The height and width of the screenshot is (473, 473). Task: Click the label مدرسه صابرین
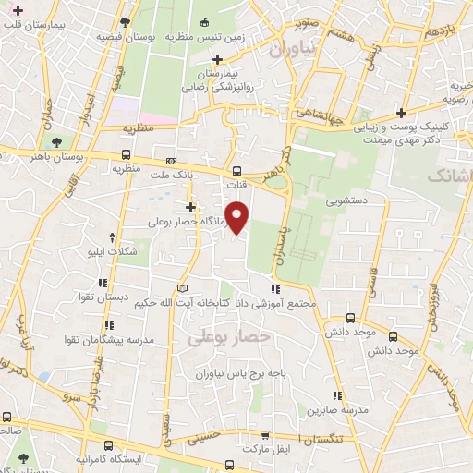tap(344, 408)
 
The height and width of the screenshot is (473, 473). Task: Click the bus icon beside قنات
tap(237, 170)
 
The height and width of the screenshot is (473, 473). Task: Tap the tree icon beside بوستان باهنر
tap(57, 142)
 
